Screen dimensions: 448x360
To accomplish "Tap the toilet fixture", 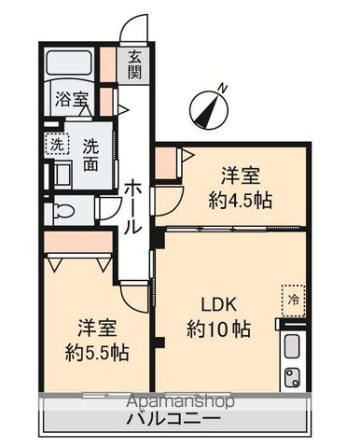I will tap(62, 209).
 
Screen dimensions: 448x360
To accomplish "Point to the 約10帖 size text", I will tap(217, 329).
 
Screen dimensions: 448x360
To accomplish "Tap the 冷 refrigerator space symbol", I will tap(293, 300).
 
